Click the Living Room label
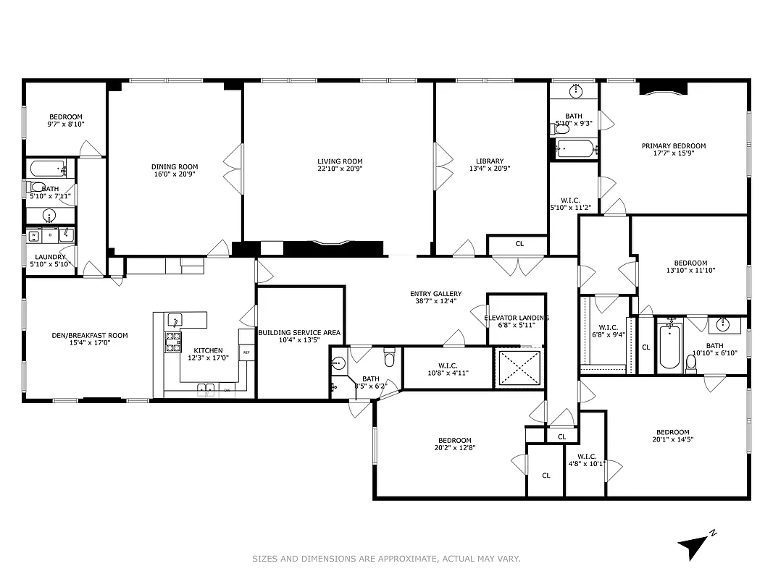click(x=340, y=161)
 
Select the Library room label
click(x=490, y=161)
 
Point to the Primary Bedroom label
click(x=673, y=145)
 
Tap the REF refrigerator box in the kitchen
click(x=246, y=352)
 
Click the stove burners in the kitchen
click(x=173, y=342)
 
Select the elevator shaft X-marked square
click(x=519, y=368)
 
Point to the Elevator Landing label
click(x=516, y=318)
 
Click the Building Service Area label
click(x=299, y=333)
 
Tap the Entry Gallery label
click(x=435, y=294)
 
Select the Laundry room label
click(x=51, y=257)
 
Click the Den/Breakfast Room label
click(x=90, y=335)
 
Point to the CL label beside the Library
click(x=519, y=244)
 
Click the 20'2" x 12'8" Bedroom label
click(x=454, y=440)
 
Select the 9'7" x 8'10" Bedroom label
click(x=66, y=117)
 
